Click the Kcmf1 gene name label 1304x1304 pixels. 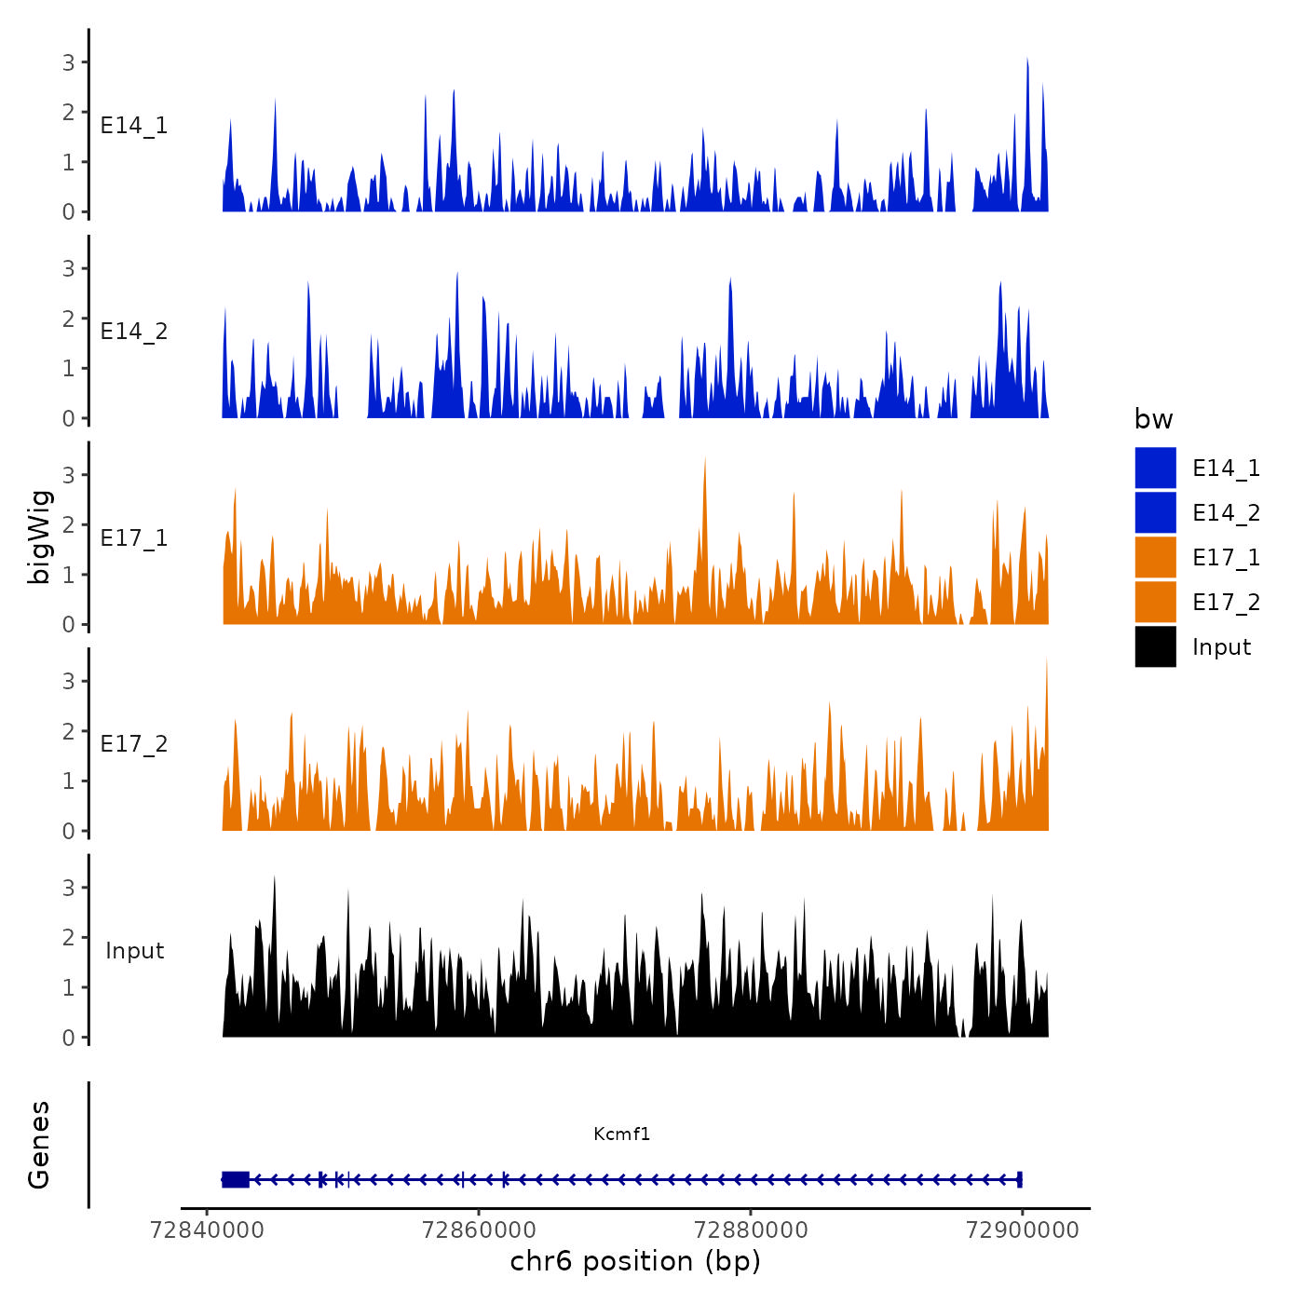tap(621, 1134)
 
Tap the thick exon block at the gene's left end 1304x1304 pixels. tap(236, 1179)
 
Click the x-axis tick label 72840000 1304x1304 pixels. tap(207, 1229)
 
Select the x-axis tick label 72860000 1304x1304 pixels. tap(479, 1229)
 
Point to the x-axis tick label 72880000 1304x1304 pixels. tap(751, 1229)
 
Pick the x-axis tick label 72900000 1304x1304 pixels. tap(1023, 1229)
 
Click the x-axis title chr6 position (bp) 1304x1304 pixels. tap(635, 1261)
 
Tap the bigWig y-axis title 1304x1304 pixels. tap(39, 537)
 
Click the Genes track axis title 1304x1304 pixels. tap(39, 1145)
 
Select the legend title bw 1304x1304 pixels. tap(1153, 419)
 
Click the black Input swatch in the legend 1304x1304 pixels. tap(1155, 646)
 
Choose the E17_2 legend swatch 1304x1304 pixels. tap(1155, 602)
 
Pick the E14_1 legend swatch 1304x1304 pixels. tap(1155, 468)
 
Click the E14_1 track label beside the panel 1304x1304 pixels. tap(134, 126)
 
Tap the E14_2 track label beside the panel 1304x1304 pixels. tap(134, 332)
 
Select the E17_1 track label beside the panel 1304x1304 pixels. tap(134, 538)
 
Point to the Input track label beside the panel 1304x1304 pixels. tap(134, 951)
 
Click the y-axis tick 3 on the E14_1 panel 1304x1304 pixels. tap(68, 62)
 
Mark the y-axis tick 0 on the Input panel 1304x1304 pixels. tap(68, 1038)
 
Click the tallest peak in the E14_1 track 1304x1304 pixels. tap(1026, 61)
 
